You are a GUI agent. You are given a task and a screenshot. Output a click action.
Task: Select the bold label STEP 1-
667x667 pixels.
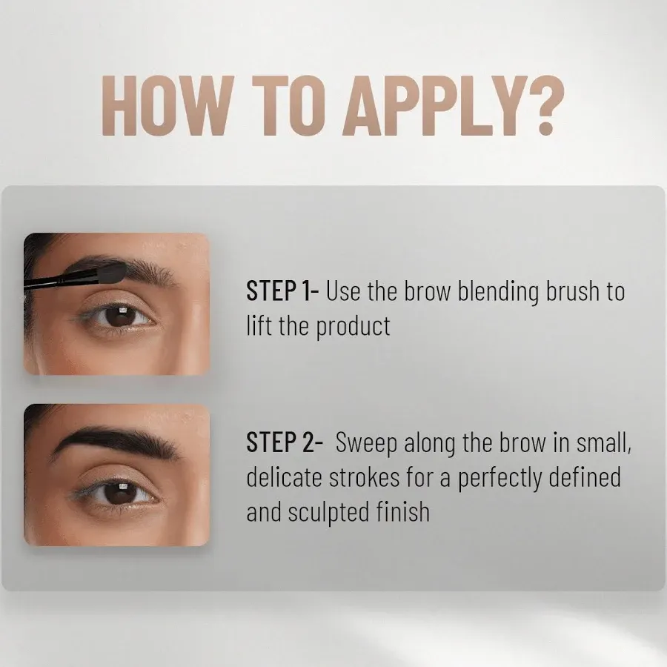click(x=282, y=291)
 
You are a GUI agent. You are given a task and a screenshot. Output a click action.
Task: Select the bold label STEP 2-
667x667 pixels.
click(x=285, y=442)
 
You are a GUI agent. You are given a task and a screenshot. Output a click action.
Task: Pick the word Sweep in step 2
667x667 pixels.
click(x=366, y=445)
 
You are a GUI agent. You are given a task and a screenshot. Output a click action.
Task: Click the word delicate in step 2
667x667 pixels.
click(x=284, y=478)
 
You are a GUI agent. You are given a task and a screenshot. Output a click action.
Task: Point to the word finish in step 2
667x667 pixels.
click(x=403, y=511)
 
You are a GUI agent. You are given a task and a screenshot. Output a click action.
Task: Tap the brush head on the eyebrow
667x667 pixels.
click(x=113, y=271)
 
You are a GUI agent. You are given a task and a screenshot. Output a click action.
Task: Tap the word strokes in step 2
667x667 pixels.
click(x=365, y=478)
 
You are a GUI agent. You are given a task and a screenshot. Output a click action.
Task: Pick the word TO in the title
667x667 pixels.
click(x=289, y=106)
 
